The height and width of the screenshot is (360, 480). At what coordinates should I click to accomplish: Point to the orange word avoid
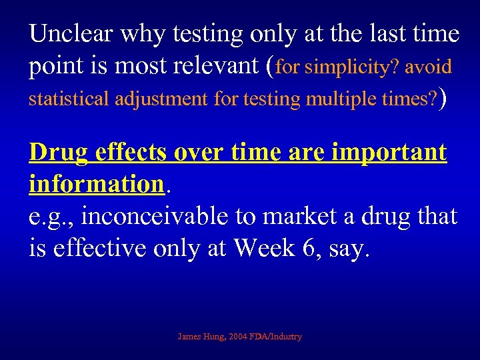428,67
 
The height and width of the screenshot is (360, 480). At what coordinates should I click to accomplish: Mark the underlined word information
96,183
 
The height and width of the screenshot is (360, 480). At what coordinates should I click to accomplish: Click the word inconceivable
152,216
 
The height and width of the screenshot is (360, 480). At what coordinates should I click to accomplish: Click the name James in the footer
191,337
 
